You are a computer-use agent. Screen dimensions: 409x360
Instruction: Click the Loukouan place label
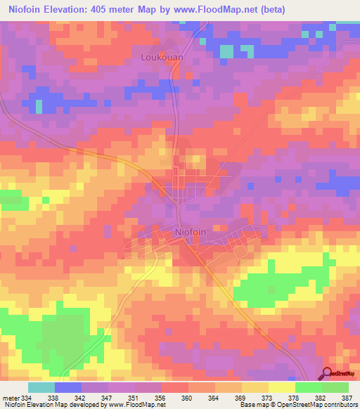[x=164, y=58]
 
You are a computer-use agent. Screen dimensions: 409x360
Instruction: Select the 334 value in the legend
[x=27, y=397]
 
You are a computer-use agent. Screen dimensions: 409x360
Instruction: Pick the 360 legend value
[x=187, y=397]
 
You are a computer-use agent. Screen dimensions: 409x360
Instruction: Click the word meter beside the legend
[x=11, y=397]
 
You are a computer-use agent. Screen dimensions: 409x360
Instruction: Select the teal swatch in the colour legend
[x=41, y=387]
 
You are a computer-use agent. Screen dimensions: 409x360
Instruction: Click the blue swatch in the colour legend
[x=67, y=387]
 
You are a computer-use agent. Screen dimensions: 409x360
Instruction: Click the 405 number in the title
[x=111, y=9]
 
